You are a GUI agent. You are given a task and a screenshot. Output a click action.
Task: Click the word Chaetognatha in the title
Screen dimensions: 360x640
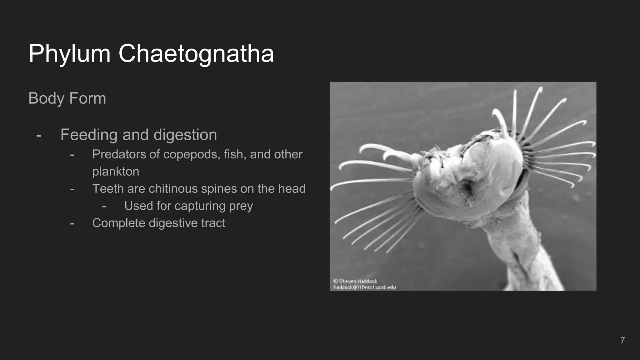pos(196,53)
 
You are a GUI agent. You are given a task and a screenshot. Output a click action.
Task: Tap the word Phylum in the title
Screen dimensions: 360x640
pos(69,53)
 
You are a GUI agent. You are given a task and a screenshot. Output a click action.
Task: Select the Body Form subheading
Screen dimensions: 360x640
pos(67,98)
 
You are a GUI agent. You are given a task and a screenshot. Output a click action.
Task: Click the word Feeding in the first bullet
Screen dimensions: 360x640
pos(89,135)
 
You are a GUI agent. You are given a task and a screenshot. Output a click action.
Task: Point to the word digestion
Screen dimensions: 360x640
pos(185,135)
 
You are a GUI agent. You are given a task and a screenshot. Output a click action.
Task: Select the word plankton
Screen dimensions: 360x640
pos(116,172)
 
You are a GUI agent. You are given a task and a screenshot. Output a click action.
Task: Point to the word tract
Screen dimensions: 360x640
pos(213,223)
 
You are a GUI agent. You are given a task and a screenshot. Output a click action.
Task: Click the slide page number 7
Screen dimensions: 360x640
pos(622,340)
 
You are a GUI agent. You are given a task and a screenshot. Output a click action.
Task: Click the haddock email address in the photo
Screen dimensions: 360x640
pos(364,287)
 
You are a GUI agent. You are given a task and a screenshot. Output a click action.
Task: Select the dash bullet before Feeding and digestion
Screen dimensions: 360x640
pos(39,136)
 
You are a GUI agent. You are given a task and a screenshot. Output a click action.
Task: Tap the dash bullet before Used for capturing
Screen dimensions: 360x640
pos(104,207)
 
